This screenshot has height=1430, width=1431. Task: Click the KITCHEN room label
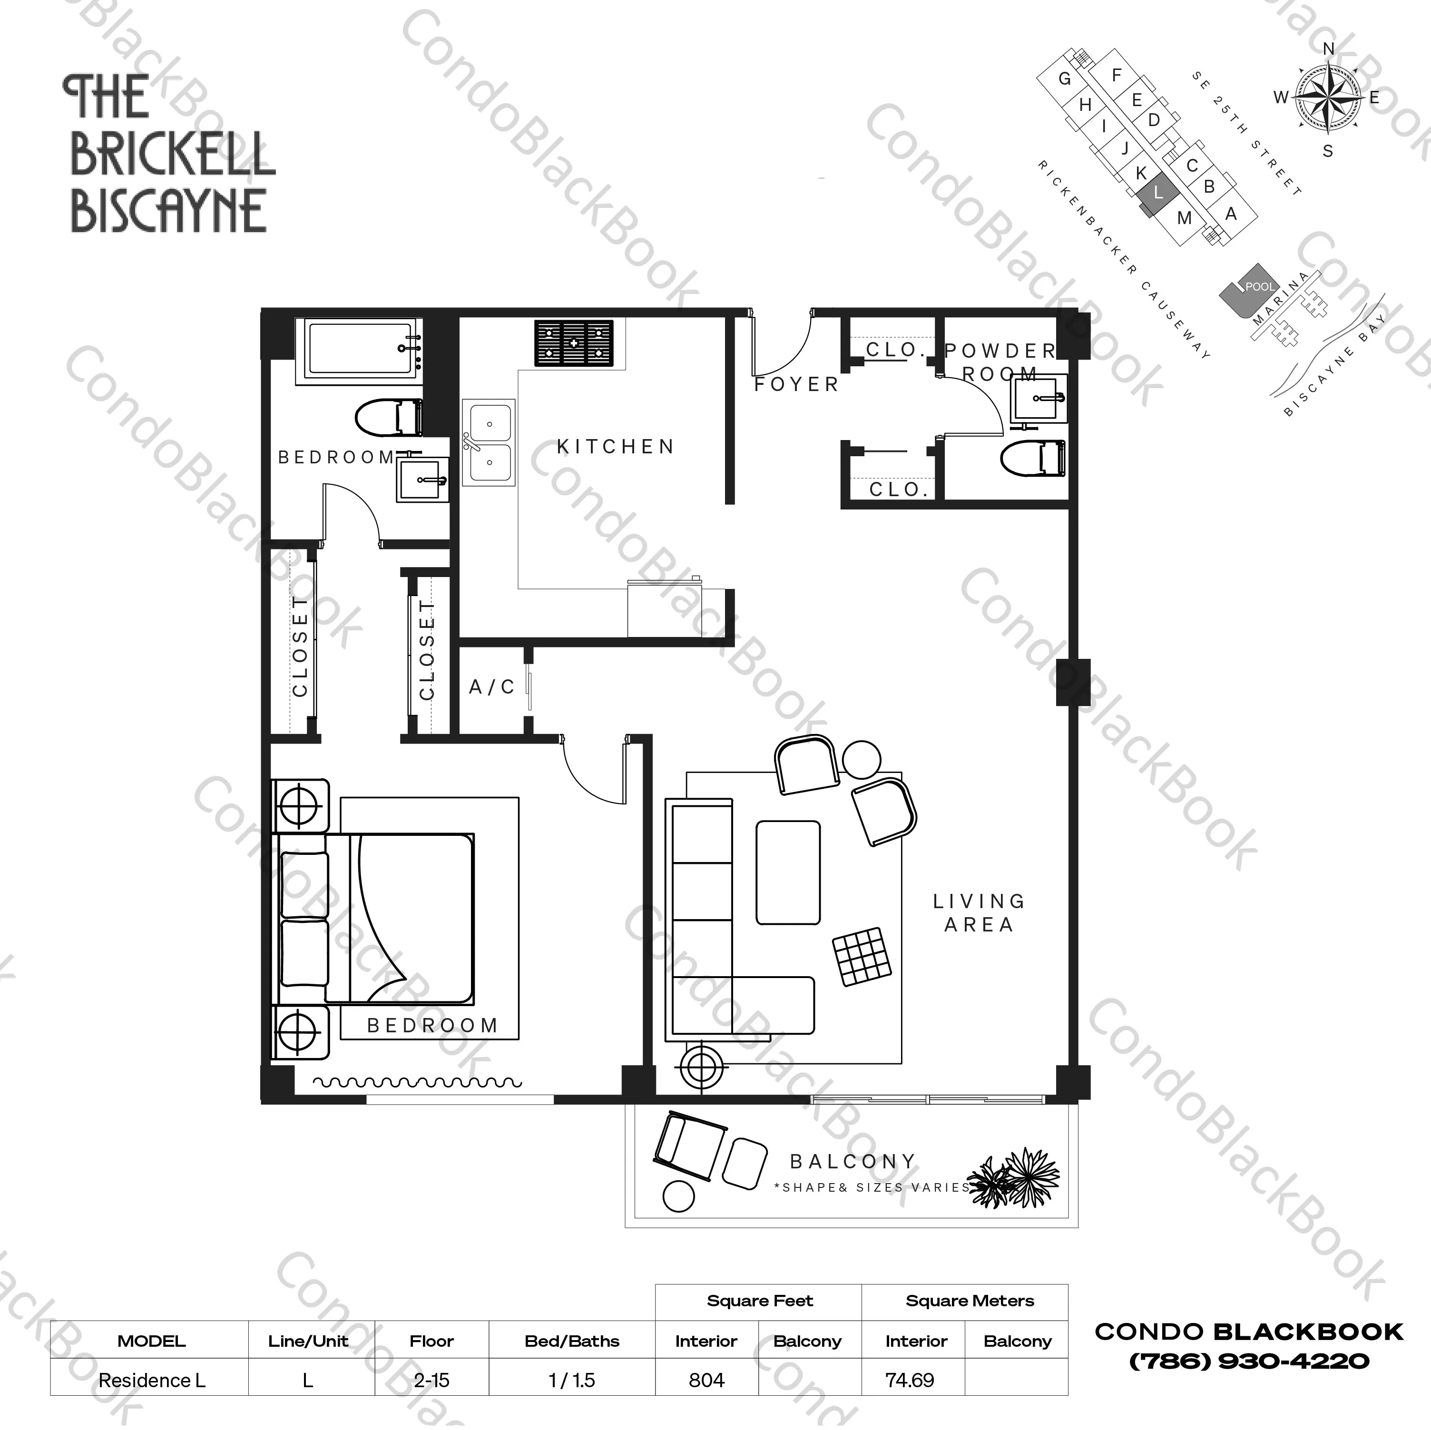click(x=616, y=447)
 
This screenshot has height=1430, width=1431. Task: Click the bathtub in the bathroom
click(x=360, y=350)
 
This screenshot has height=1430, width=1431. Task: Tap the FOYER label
click(x=796, y=384)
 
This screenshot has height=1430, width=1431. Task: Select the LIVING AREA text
click(x=979, y=912)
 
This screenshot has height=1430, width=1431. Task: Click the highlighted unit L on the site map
click(x=1157, y=193)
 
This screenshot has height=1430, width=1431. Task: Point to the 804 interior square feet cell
click(x=706, y=1381)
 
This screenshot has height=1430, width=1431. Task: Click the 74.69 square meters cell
click(x=910, y=1381)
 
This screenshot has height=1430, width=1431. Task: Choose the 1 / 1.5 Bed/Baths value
click(x=572, y=1381)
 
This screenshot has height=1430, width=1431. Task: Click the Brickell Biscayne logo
click(x=170, y=154)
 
